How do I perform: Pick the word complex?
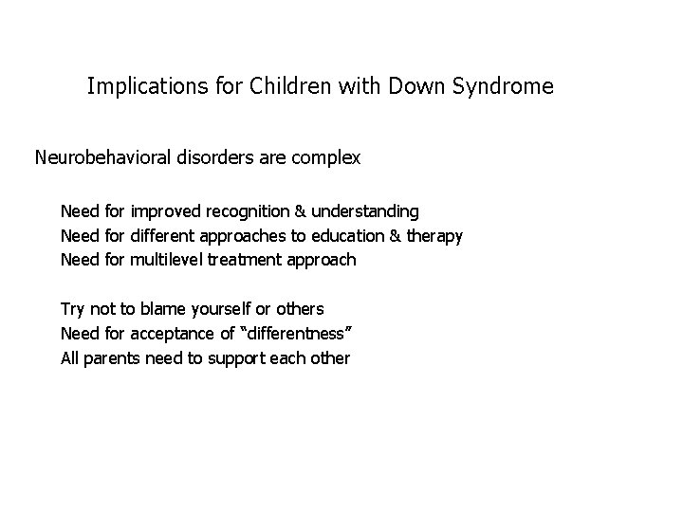[324, 157]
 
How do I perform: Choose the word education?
[346, 235]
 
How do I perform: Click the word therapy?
[434, 235]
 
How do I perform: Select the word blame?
[164, 309]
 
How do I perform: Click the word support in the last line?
[247, 358]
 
